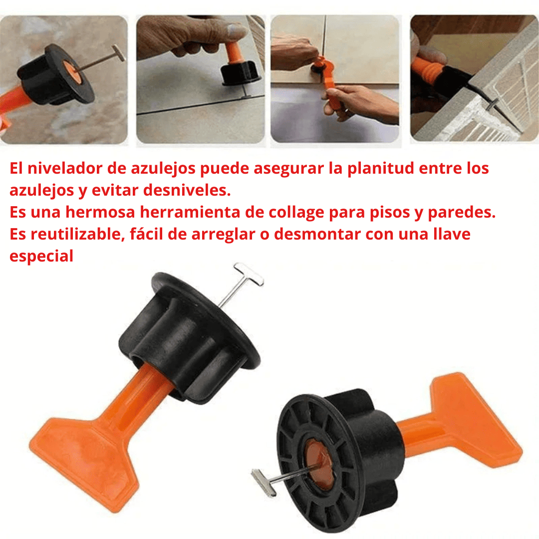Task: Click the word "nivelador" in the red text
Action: (64, 169)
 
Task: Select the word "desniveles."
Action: (187, 191)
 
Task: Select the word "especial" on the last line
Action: (41, 257)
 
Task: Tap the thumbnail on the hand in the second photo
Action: (237, 33)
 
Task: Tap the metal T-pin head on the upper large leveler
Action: (249, 274)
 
